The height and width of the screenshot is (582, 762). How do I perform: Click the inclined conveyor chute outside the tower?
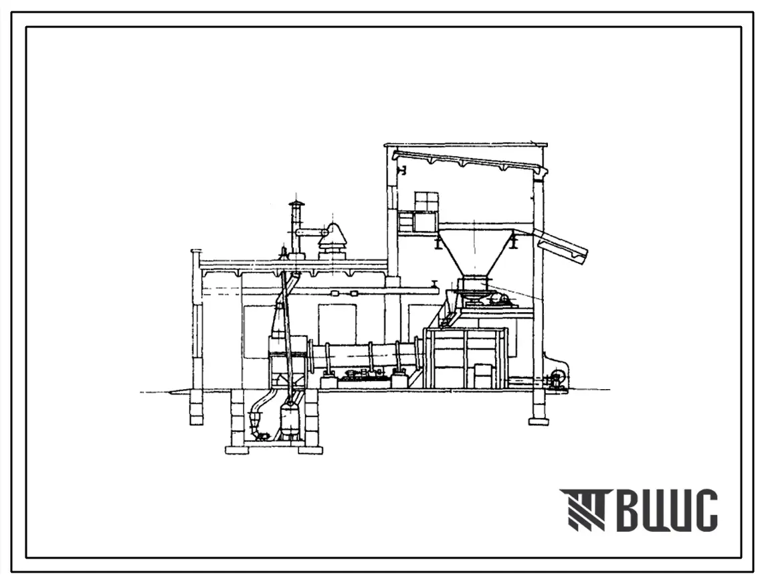tap(564, 246)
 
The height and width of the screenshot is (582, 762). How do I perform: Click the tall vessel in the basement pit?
tap(290, 418)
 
